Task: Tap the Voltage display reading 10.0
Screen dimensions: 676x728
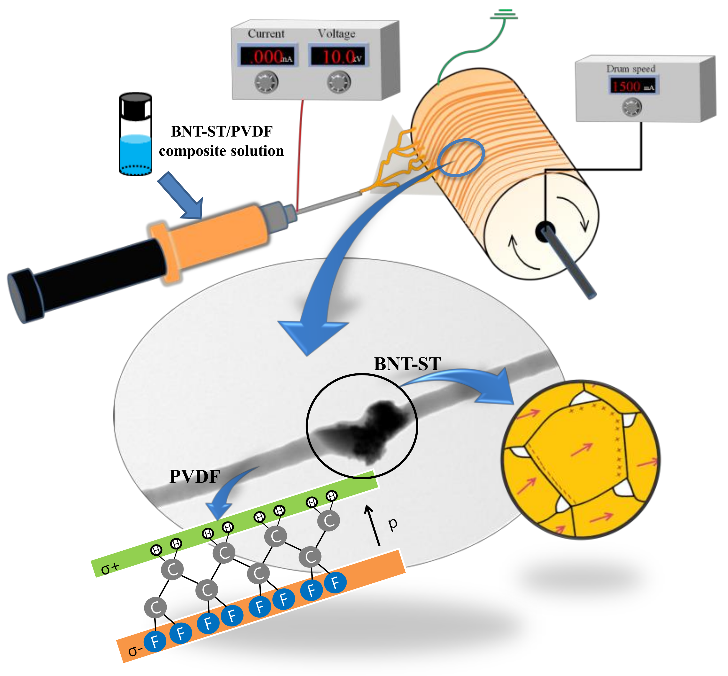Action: [338, 56]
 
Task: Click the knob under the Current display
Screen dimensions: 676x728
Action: [266, 82]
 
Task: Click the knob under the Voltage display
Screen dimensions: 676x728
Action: [338, 82]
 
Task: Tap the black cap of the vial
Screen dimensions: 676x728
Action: [136, 106]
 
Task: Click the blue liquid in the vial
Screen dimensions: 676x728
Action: [136, 154]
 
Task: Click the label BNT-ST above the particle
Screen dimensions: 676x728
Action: [407, 364]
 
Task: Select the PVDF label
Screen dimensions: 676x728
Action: [195, 477]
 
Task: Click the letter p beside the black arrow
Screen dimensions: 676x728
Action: [393, 524]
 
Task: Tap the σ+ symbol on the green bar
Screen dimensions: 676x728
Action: [110, 568]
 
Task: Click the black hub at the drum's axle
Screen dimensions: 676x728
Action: [545, 231]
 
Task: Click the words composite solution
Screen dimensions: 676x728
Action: [221, 151]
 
